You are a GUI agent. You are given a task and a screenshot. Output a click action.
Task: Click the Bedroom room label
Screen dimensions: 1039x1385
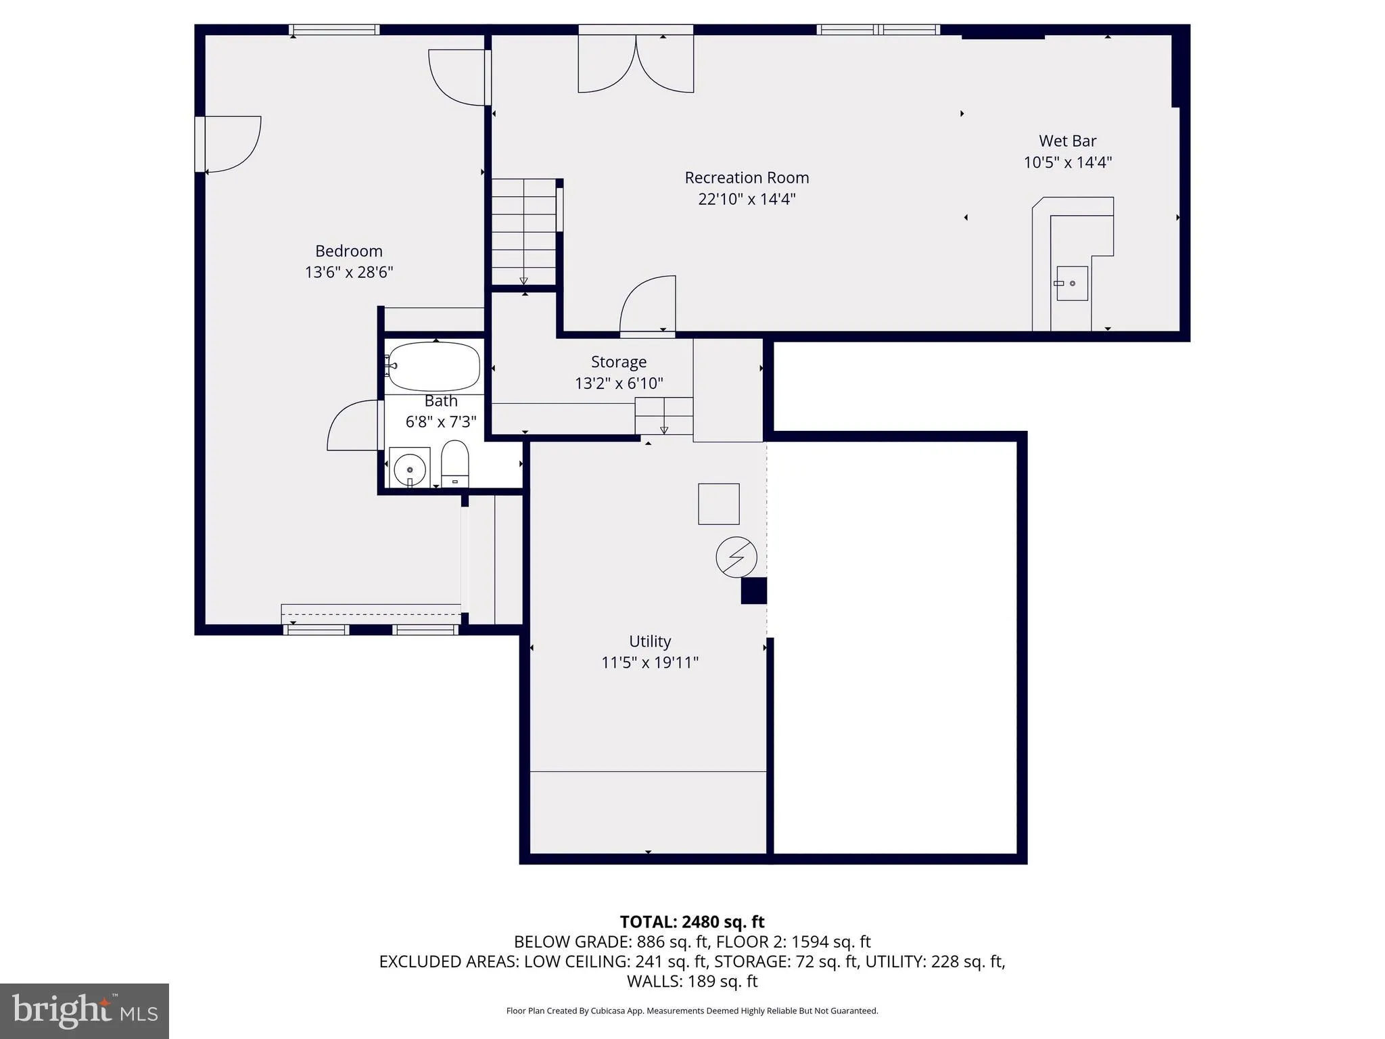point(349,251)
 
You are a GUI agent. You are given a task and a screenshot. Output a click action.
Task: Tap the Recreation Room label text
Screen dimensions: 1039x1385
point(747,178)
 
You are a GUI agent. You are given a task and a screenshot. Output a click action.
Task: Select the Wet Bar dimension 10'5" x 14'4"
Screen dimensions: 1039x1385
point(1067,163)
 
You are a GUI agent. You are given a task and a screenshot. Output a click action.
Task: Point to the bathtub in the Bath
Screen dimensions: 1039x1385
point(434,367)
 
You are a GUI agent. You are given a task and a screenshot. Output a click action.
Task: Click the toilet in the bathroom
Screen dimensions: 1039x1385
point(455,462)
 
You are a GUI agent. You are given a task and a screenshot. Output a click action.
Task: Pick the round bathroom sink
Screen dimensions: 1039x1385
point(409,467)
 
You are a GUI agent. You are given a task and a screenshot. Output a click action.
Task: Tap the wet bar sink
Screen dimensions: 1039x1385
point(1072,283)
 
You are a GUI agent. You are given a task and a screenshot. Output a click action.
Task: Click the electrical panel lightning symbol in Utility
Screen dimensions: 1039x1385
point(736,557)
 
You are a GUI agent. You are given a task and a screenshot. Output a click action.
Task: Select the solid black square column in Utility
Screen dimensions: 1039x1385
point(753,591)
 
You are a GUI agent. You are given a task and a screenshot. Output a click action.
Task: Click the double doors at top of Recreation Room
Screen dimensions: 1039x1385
point(636,64)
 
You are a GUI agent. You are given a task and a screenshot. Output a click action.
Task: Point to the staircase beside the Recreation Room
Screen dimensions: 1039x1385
point(523,232)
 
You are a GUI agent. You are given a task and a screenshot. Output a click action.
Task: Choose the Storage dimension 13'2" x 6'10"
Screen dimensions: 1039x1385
point(619,384)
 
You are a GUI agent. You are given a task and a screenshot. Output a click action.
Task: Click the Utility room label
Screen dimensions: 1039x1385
point(650,641)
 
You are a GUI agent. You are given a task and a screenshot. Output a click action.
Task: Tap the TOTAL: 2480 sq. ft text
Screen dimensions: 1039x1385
point(692,922)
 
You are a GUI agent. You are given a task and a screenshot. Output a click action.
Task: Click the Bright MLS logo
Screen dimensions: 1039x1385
point(85,1011)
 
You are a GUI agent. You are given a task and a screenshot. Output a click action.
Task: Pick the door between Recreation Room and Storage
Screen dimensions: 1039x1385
point(648,308)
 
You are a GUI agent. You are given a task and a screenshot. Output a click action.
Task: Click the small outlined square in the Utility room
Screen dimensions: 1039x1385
point(718,504)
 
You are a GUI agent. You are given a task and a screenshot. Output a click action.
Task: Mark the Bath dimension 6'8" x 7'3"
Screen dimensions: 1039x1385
point(441,422)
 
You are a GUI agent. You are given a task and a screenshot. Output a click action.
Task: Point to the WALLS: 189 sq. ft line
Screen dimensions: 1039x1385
point(692,981)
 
